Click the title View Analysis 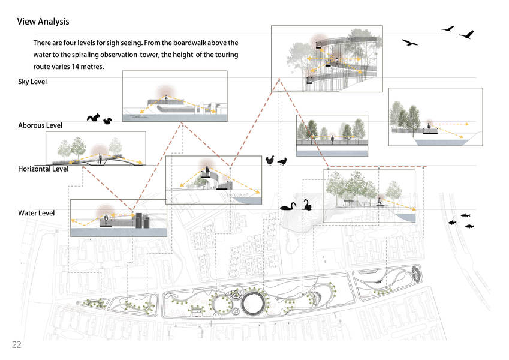[43, 22]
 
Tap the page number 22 [16, 344]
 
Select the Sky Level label [32, 82]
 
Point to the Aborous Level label [40, 125]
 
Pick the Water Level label [36, 213]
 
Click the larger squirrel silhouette [94, 118]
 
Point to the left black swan [288, 206]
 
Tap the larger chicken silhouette [271, 160]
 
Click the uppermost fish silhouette [465, 215]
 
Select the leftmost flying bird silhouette [410, 43]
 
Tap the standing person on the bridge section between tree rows [333, 140]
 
